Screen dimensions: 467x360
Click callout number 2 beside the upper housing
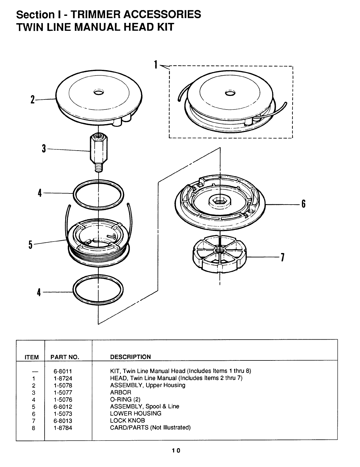[32, 100]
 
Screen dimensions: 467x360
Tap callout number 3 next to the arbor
[44, 149]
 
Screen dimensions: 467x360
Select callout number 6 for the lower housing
[303, 203]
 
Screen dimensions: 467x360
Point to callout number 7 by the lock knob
[282, 257]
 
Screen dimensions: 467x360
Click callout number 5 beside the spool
[30, 244]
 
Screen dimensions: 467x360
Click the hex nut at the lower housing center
[220, 201]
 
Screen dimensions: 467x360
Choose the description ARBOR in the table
[121, 392]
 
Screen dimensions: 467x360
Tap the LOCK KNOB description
[127, 420]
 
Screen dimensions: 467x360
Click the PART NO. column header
[65, 357]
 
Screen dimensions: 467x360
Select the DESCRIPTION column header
[130, 357]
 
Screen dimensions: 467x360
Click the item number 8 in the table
[34, 428]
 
